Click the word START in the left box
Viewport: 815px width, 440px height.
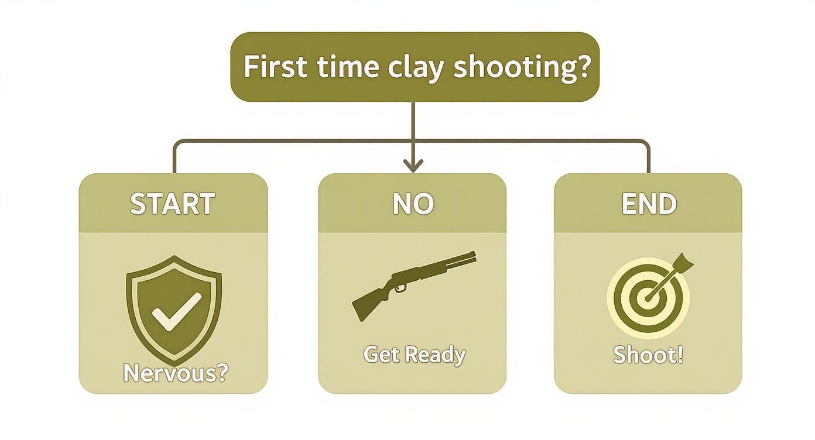click(172, 204)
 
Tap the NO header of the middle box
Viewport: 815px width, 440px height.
click(413, 204)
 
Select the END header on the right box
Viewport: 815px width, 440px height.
click(649, 204)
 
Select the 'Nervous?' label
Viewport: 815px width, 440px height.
click(175, 373)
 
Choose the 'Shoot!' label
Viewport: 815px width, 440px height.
click(648, 355)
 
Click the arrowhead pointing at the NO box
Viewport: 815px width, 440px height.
click(413, 166)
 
